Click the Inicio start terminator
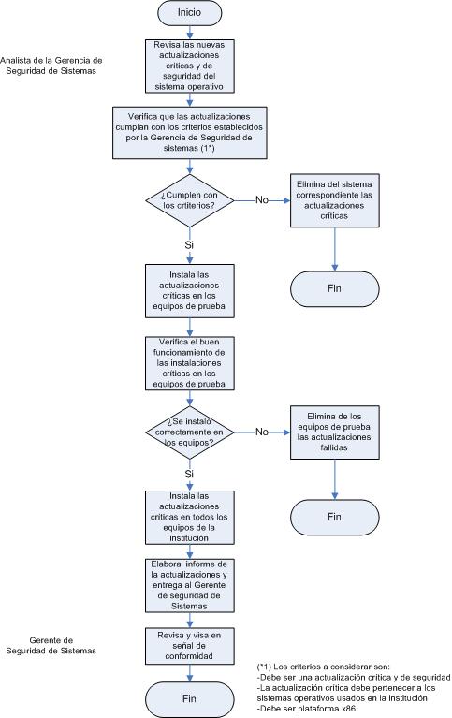(189, 13)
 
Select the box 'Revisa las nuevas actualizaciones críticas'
(190, 66)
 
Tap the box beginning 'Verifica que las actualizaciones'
(190, 133)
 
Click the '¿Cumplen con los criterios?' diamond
(190, 200)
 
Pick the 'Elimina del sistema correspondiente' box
(335, 200)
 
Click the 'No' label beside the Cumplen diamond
(261, 199)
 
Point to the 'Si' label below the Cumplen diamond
(189, 245)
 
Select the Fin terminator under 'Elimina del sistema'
(335, 289)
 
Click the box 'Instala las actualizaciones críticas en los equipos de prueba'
(190, 291)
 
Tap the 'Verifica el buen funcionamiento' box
(190, 363)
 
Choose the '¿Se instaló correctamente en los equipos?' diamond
(190, 432)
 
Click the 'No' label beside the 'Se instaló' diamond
(261, 432)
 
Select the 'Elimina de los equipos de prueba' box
(335, 432)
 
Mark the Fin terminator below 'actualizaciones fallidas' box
(335, 517)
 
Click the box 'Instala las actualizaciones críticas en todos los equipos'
(190, 518)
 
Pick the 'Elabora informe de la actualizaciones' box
(190, 586)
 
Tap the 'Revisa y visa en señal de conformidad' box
(190, 646)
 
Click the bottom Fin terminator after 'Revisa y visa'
(190, 699)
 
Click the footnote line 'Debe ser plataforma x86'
(306, 709)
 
